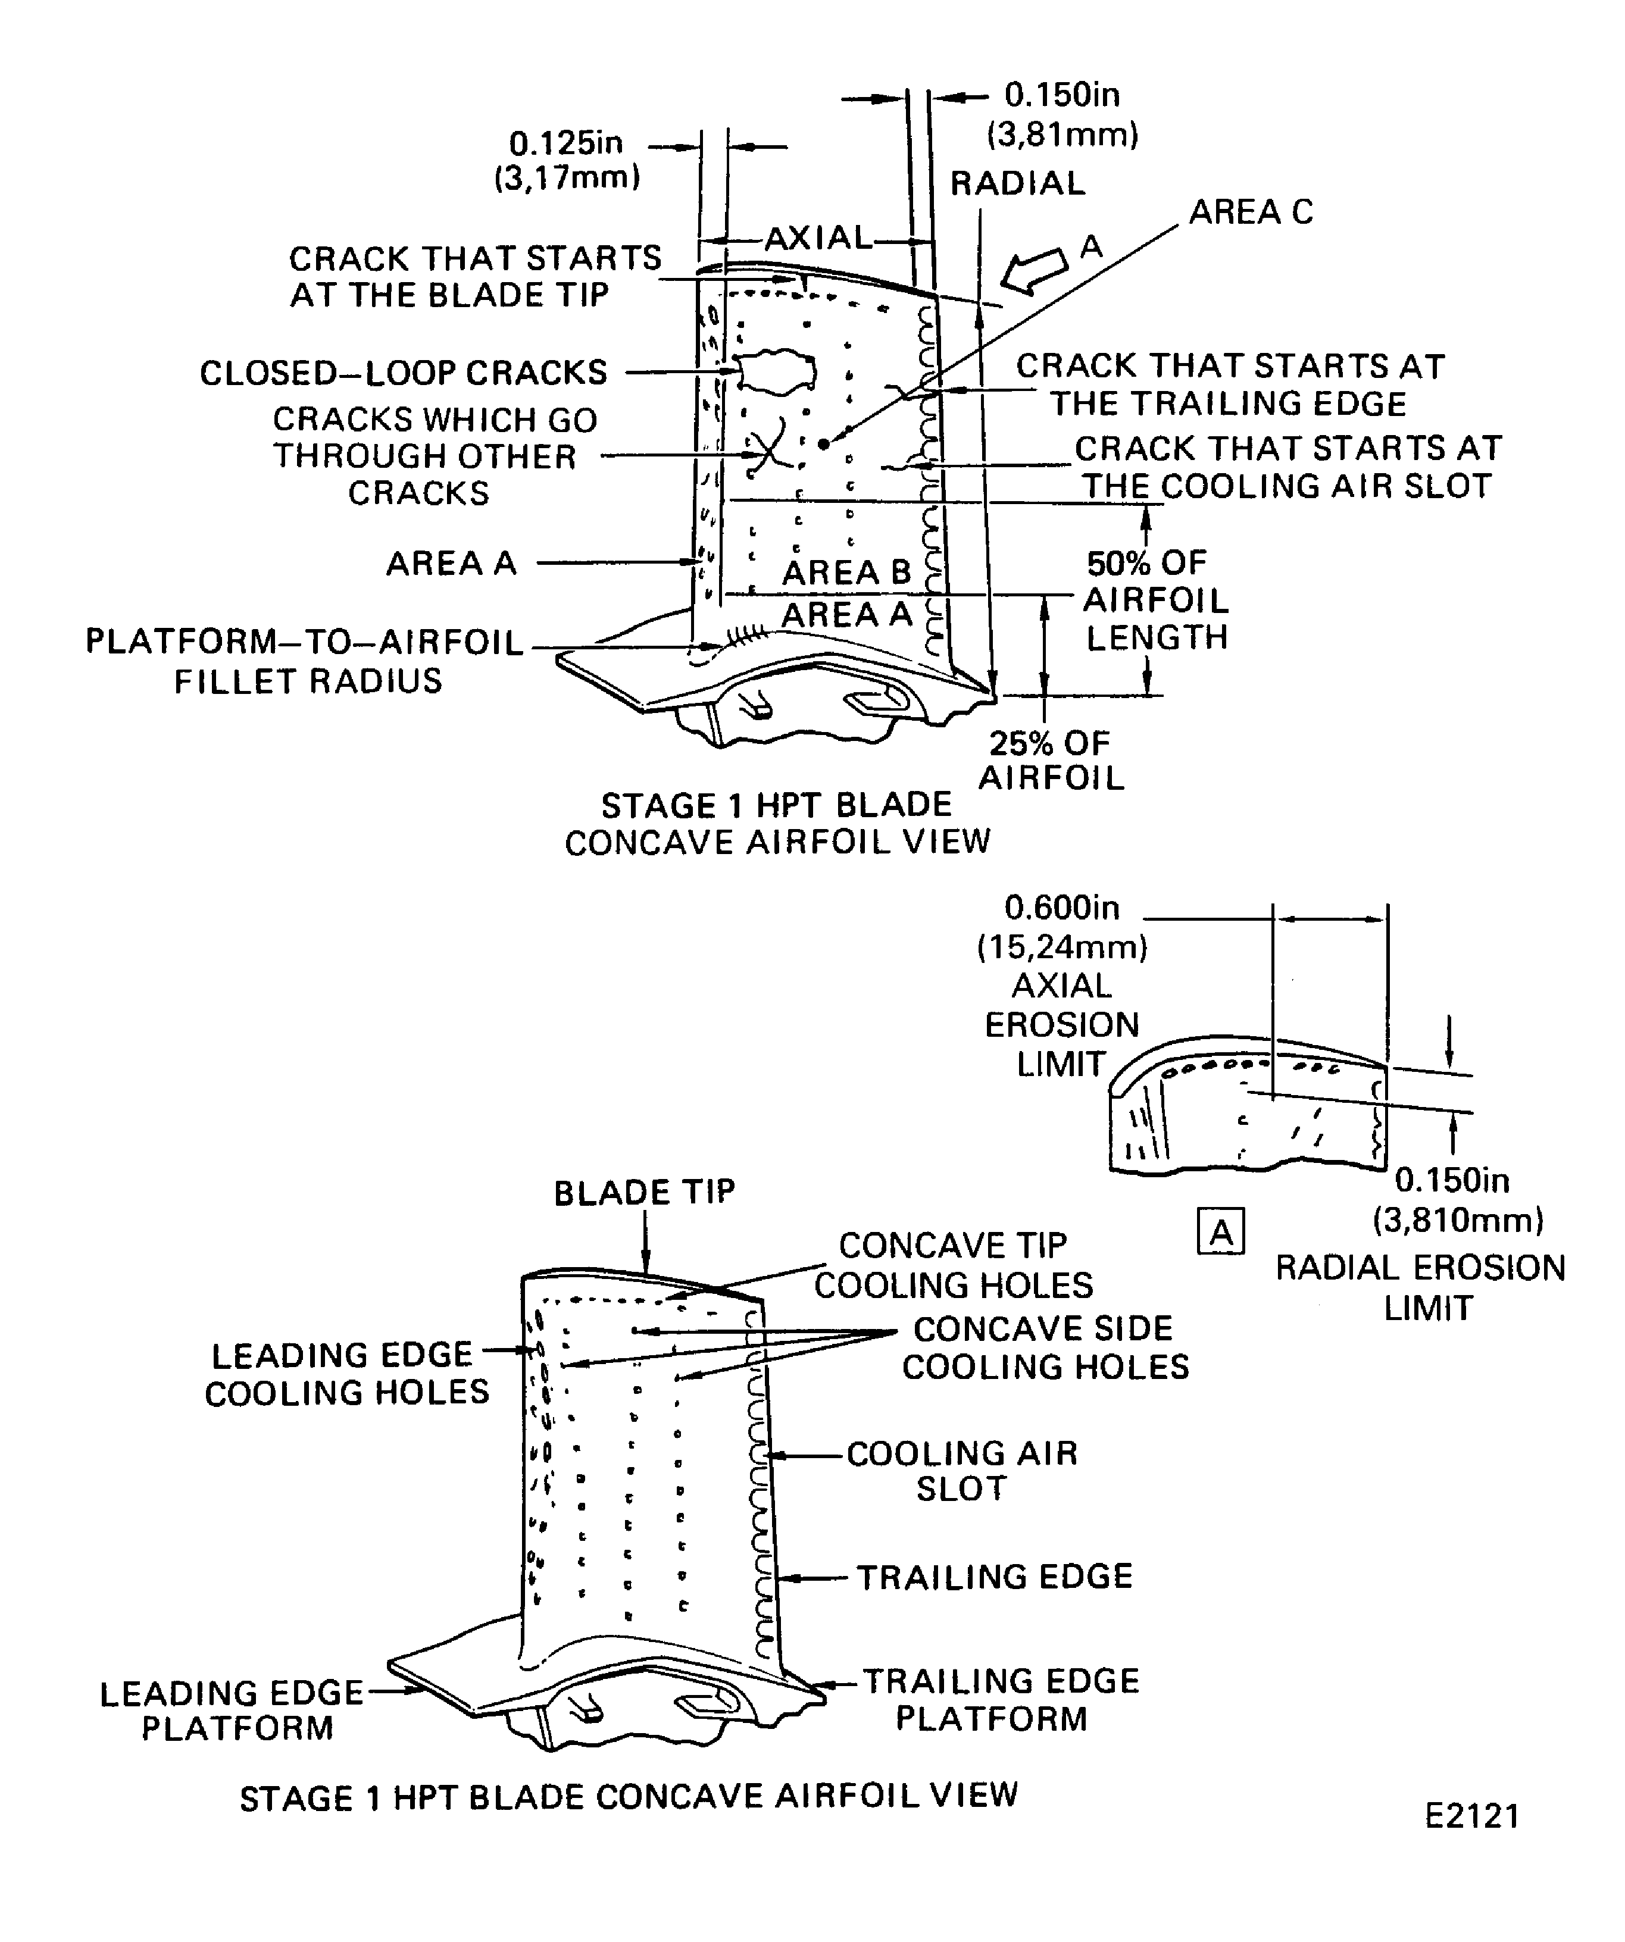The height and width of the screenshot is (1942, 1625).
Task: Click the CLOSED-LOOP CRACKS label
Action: (x=403, y=373)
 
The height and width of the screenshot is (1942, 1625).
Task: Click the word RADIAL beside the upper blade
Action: (x=1017, y=183)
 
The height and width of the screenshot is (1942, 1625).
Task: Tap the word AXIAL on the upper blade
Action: (x=818, y=239)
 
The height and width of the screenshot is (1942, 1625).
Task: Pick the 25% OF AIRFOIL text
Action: (x=1051, y=760)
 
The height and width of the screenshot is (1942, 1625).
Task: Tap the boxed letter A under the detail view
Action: (x=1221, y=1233)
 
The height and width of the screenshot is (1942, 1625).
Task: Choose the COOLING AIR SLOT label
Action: (x=962, y=1471)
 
